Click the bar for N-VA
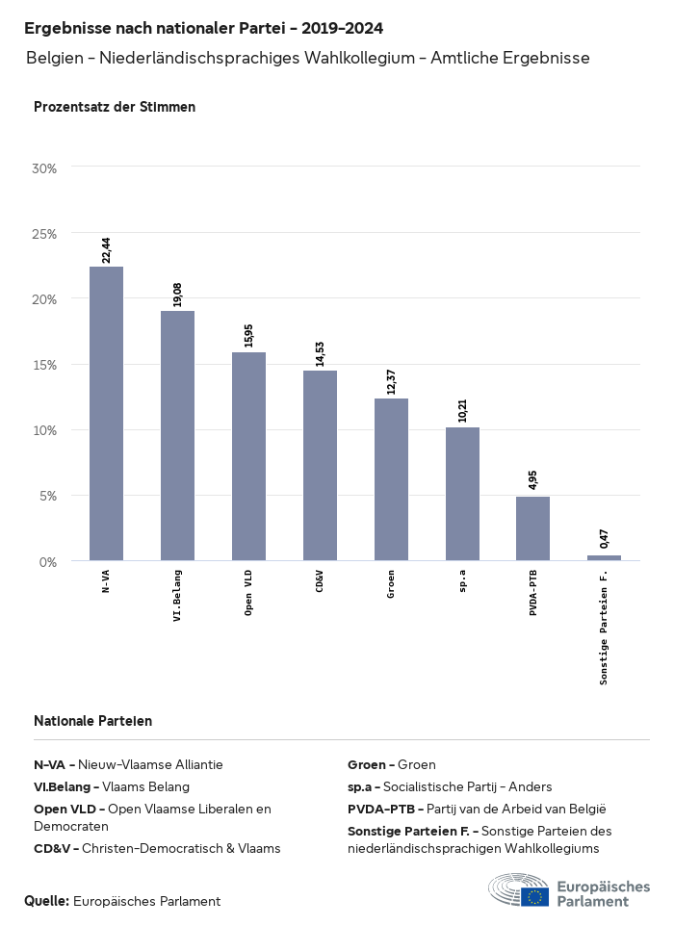106,414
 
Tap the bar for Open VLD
248,456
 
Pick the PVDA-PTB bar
532,528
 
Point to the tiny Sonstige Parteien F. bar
604,557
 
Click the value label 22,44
107,249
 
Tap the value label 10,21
462,411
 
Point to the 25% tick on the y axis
45,234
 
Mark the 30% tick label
45,168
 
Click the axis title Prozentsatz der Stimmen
115,107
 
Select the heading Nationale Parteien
92,721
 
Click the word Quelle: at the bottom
46,901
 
